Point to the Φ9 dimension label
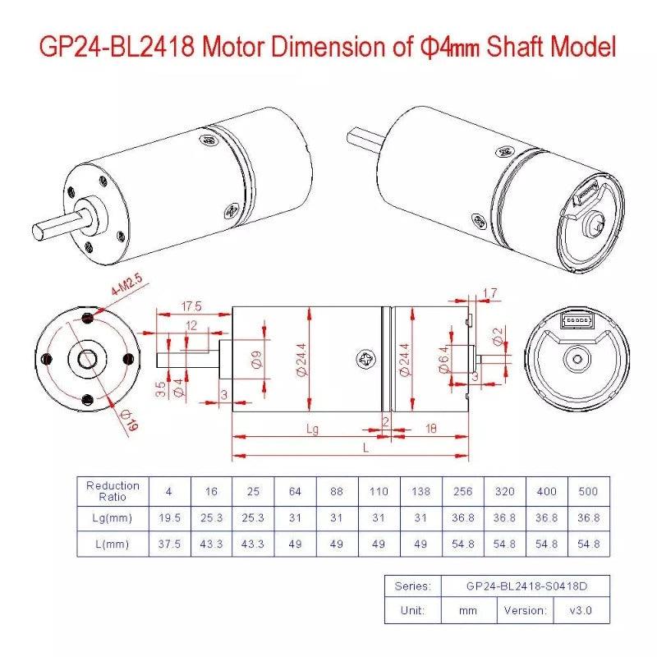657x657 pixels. tap(257, 360)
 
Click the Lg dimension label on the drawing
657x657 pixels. tap(312, 430)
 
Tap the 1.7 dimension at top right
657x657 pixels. tap(490, 293)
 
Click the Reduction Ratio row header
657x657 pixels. tap(113, 491)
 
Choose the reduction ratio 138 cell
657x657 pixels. tap(421, 491)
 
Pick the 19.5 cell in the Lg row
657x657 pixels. tap(168, 517)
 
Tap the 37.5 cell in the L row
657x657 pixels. tap(168, 544)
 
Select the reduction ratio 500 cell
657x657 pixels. tap(589, 491)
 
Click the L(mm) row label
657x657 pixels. tap(113, 544)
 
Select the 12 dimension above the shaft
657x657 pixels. tap(191, 326)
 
